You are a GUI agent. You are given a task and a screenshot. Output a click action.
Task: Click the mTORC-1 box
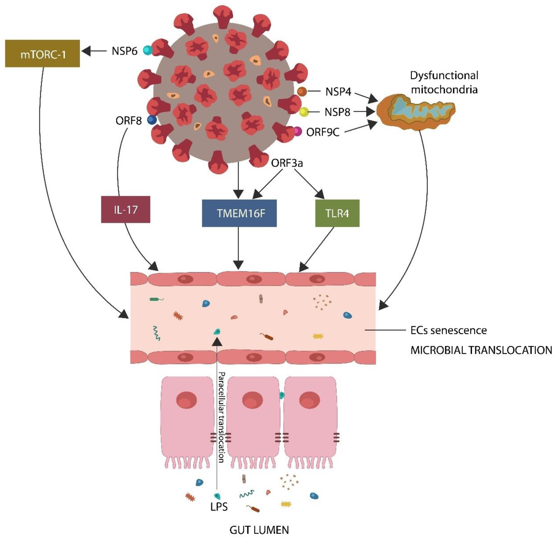click(x=43, y=54)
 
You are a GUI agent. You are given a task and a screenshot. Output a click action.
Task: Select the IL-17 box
click(x=125, y=210)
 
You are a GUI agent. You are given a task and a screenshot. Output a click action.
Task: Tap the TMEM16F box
click(x=239, y=213)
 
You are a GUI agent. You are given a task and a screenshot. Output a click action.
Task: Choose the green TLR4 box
click(x=337, y=213)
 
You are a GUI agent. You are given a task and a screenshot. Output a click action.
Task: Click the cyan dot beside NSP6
click(x=148, y=50)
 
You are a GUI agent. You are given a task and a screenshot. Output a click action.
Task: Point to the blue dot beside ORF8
click(x=152, y=120)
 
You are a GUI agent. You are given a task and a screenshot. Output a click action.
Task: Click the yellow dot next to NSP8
click(x=304, y=112)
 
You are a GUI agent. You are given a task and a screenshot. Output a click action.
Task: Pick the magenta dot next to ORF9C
click(x=297, y=131)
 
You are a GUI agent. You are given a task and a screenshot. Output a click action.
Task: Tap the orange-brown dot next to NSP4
click(x=302, y=91)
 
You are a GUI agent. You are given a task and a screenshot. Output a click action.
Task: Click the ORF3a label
click(x=287, y=163)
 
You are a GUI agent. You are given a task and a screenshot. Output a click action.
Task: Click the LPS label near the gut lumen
click(x=219, y=507)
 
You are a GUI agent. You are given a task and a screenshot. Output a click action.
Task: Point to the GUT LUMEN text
click(x=259, y=530)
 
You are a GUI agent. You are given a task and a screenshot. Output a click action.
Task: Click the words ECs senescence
click(x=448, y=330)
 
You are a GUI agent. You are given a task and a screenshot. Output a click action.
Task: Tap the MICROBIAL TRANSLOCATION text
click(x=481, y=350)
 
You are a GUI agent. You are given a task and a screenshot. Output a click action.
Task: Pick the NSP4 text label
click(x=338, y=92)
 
